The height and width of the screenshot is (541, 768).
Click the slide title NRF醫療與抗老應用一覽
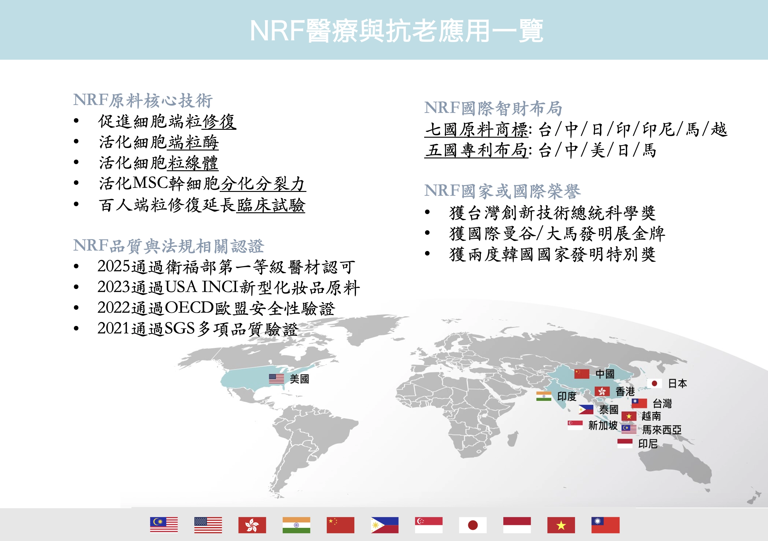click(396, 31)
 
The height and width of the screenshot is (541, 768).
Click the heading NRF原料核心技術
click(143, 101)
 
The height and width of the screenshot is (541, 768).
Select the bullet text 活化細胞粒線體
click(159, 163)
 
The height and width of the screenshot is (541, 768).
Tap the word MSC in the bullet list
click(150, 183)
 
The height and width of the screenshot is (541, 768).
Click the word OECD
click(189, 308)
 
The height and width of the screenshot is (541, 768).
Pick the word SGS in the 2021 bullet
click(180, 328)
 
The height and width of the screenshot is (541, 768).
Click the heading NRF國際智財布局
click(493, 108)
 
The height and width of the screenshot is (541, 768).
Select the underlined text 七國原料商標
click(477, 129)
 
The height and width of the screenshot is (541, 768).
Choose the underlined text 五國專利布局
click(477, 150)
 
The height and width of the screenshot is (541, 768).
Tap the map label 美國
click(299, 379)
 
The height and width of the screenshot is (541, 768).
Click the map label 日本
click(677, 383)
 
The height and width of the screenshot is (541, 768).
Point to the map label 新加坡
click(603, 425)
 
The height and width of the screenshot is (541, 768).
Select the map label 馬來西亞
click(662, 430)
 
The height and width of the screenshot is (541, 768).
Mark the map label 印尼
click(648, 444)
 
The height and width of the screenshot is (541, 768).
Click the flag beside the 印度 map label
click(543, 396)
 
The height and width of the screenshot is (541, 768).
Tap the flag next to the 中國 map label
click(582, 373)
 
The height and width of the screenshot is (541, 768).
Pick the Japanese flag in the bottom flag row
click(473, 525)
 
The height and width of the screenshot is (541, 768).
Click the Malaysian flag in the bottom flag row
click(164, 525)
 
